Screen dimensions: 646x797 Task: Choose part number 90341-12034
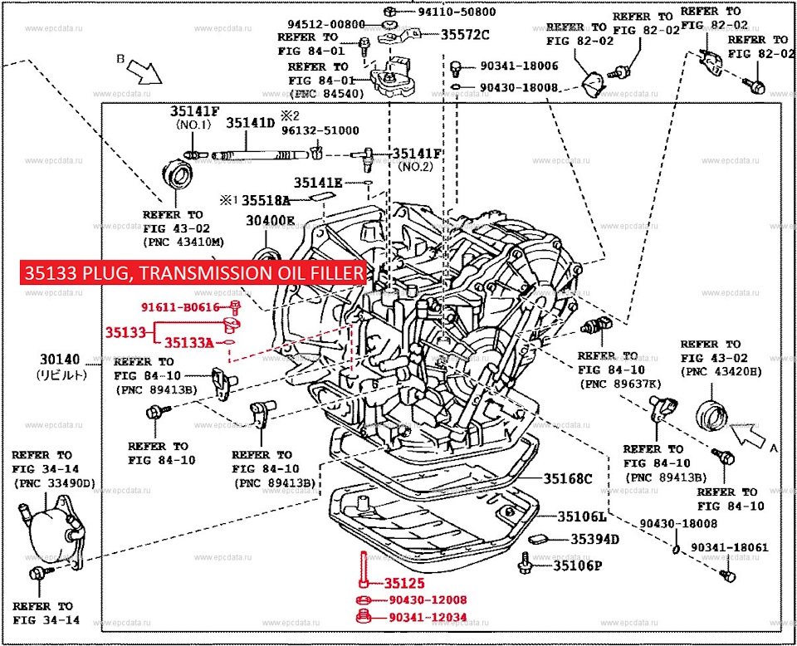coord(428,617)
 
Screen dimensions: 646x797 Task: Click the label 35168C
coord(569,478)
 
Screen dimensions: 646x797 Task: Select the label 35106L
coord(582,516)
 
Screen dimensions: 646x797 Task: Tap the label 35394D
coord(594,540)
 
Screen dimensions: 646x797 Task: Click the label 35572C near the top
coord(465,35)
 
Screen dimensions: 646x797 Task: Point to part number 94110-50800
coord(457,12)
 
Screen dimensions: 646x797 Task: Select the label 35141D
coord(251,123)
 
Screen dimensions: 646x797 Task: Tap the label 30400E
coord(270,221)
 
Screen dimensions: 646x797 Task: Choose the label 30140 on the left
coord(61,360)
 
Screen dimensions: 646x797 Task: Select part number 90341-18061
coord(729,548)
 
